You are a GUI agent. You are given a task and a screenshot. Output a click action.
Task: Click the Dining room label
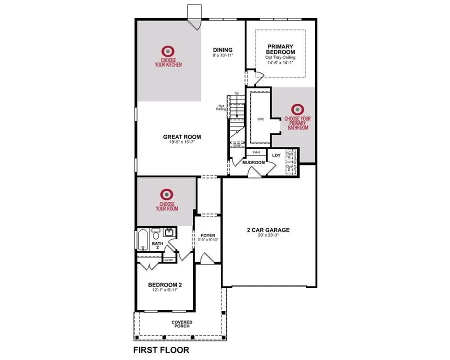pos(222,49)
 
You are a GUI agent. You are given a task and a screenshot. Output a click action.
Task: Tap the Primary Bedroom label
pos(280,49)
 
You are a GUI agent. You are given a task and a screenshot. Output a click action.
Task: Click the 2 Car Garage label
pos(268,230)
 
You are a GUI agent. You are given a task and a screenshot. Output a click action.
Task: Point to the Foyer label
pos(208,235)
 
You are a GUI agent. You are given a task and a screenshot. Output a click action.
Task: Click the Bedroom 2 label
pos(164,285)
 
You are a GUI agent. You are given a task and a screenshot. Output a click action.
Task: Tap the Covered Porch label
pos(182,324)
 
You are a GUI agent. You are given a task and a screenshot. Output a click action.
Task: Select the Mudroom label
pos(253,162)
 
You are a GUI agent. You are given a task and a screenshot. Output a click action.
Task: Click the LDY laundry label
pos(276,155)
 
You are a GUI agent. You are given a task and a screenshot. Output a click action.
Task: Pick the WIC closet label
pos(260,119)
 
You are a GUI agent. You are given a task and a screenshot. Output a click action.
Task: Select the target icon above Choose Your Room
pos(166,193)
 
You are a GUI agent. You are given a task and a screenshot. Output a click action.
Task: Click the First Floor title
pos(161,350)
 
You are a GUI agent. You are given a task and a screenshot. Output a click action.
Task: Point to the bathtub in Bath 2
pos(142,240)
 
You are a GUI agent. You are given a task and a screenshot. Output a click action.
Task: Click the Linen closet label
pos(169,260)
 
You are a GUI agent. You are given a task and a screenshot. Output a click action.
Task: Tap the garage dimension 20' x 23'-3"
pos(268,236)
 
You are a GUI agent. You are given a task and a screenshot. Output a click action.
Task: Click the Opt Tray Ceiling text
pos(280,57)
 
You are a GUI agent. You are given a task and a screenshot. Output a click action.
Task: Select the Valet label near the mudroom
pos(256,152)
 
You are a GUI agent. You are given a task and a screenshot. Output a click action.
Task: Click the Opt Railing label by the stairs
pos(221,107)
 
